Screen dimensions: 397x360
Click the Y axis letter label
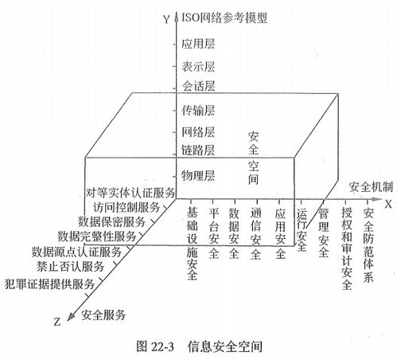click(166, 19)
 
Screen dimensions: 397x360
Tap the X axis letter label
click(388, 204)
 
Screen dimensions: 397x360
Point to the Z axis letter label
click(57, 322)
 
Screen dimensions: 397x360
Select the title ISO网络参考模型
click(224, 18)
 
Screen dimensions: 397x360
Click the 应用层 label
click(198, 44)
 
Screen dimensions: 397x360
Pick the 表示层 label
click(198, 66)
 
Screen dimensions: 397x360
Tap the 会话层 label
click(198, 86)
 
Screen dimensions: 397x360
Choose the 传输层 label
click(198, 110)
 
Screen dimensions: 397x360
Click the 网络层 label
click(198, 132)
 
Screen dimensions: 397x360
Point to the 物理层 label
click(198, 175)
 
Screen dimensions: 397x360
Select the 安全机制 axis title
click(371, 187)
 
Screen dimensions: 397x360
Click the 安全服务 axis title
click(103, 315)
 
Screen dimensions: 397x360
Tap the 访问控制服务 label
click(126, 207)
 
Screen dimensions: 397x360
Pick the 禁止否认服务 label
click(70, 266)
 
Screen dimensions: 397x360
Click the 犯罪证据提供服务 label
click(49, 284)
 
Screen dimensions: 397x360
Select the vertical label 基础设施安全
click(193, 244)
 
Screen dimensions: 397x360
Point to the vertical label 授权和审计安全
click(347, 248)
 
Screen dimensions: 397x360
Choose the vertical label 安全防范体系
click(368, 245)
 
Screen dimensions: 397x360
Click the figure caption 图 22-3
click(155, 346)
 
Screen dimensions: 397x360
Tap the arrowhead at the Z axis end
click(69, 317)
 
